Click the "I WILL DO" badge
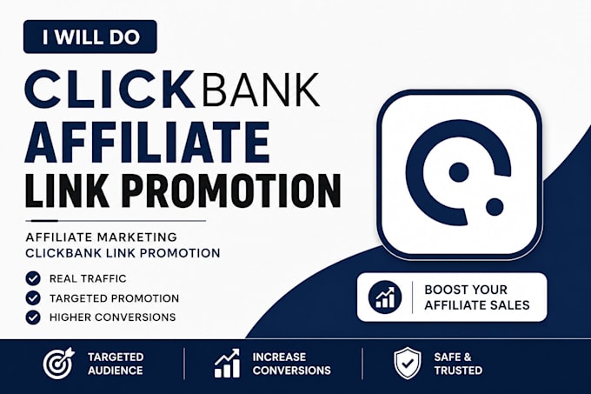[x=90, y=37]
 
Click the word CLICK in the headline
[x=107, y=90]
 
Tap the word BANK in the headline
[x=262, y=90]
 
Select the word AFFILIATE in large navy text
[x=147, y=142]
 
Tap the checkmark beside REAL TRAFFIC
[x=33, y=278]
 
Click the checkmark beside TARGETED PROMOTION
[x=33, y=297]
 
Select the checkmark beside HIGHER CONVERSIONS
[x=33, y=317]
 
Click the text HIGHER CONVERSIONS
[x=112, y=317]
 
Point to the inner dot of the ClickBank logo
[x=459, y=172]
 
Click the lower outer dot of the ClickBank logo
[x=495, y=206]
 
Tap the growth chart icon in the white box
[x=385, y=297]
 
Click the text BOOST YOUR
[x=466, y=290]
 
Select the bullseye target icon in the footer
[x=59, y=363]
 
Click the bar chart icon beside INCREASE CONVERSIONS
[x=228, y=363]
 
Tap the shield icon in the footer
[x=408, y=363]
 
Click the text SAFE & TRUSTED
[x=458, y=364]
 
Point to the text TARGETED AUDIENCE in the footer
[x=116, y=364]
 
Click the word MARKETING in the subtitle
[x=136, y=237]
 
